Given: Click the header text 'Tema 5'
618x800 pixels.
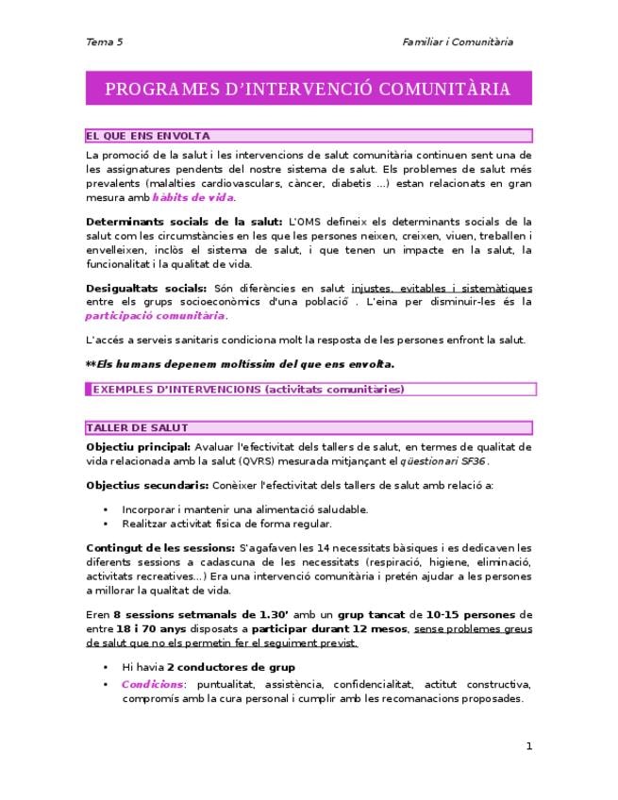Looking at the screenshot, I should (x=105, y=42).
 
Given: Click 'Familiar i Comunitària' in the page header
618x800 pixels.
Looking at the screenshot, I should (x=458, y=42).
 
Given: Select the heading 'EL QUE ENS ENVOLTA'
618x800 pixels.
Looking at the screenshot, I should (x=148, y=136).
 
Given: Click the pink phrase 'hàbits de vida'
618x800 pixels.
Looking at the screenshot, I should (x=193, y=197).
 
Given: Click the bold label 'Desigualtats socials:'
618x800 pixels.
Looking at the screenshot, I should (x=146, y=288).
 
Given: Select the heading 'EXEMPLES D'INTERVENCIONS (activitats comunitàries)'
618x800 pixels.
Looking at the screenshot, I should (x=248, y=389).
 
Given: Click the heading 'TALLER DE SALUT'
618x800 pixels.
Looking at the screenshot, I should (x=137, y=427).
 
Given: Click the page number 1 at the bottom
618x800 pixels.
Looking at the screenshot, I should (x=529, y=746).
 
